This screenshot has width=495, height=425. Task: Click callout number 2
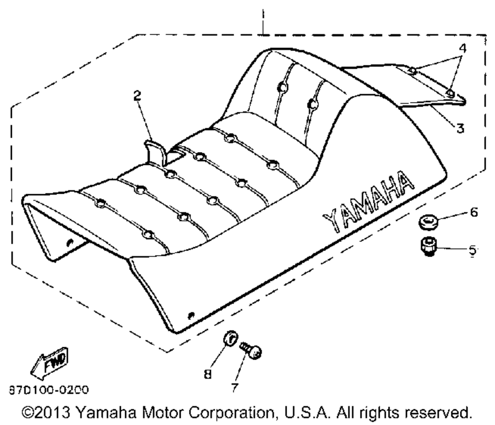pos(137,96)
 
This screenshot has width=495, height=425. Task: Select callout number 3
pos(460,128)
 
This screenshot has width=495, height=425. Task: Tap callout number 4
pos(462,48)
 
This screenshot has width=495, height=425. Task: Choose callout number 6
pos(474,212)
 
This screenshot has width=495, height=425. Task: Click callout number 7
pos(234,387)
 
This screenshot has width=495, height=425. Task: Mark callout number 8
pos(207,374)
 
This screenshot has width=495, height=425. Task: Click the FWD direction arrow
pos(49,363)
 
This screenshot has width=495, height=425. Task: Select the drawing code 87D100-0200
pos(49,390)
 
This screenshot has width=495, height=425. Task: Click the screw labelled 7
pos(251,350)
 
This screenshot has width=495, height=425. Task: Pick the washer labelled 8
pos(231,339)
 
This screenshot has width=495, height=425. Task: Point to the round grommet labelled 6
pos(428,221)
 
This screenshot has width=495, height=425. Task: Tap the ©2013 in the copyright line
pos(46,412)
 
